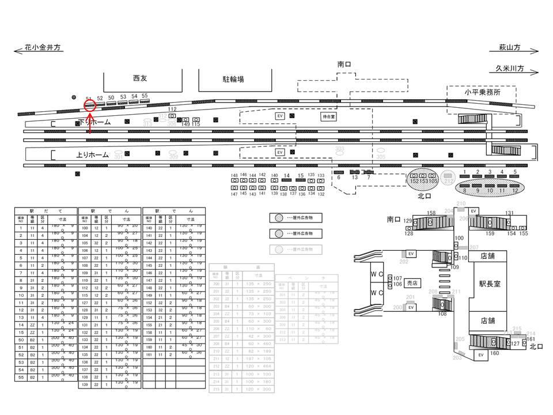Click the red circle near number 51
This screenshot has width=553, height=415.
coord(89,105)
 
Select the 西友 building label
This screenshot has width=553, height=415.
coord(140,77)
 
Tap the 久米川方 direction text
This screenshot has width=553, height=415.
coord(510,68)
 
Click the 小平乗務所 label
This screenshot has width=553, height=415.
coord(482,92)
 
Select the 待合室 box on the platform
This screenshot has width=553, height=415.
coord(328,116)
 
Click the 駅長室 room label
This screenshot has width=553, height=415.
coord(491,284)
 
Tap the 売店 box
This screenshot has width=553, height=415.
coord(412,283)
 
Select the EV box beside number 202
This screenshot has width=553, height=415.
coord(411,254)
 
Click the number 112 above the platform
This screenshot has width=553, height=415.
coord(172,109)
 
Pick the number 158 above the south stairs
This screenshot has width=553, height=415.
coord(432,213)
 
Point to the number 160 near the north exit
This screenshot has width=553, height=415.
coord(495,353)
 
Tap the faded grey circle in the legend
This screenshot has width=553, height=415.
coord(278,250)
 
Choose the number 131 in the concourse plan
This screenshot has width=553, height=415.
coord(509,213)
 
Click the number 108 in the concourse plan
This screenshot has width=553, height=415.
coord(442,314)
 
